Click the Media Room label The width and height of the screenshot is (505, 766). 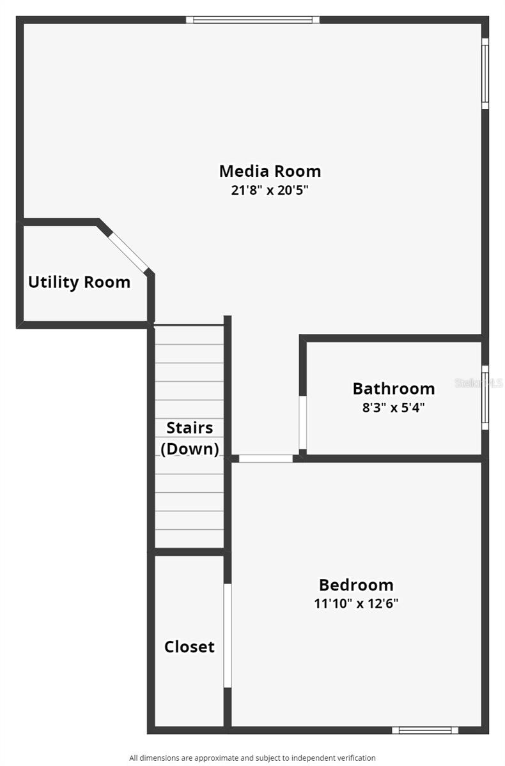[x=270, y=171]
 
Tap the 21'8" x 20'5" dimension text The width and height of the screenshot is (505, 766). [x=270, y=190]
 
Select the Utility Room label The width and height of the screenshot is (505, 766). [x=79, y=282]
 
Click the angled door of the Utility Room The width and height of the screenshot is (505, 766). [x=128, y=252]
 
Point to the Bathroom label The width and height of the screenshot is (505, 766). [x=394, y=389]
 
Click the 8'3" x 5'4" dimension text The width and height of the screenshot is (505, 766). [x=394, y=407]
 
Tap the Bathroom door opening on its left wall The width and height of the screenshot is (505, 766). [x=302, y=423]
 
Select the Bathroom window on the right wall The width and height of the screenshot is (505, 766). [x=485, y=397]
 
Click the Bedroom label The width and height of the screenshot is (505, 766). [x=356, y=585]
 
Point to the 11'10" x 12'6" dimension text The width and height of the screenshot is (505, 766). [x=356, y=604]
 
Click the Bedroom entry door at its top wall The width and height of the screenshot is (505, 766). [x=266, y=458]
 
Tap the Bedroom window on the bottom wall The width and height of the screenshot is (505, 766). [x=425, y=730]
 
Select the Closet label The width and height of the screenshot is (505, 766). [x=189, y=647]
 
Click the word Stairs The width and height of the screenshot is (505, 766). [x=190, y=428]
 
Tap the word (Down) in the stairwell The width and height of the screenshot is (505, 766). [x=190, y=449]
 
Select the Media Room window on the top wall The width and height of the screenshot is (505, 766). [x=252, y=20]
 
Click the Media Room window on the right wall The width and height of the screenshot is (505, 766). [x=485, y=73]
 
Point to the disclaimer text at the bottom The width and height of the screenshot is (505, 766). [x=252, y=758]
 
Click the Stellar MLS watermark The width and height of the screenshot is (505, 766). [x=479, y=382]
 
